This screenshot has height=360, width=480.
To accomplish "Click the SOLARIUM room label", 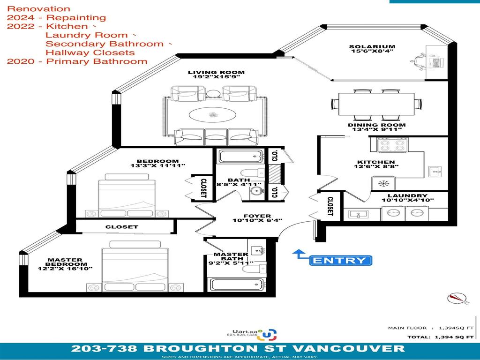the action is (x=372, y=47).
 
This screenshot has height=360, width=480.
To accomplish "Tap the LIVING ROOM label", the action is (x=216, y=73).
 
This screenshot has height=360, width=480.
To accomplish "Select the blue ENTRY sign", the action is (x=340, y=261).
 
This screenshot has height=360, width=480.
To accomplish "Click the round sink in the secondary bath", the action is (x=256, y=192).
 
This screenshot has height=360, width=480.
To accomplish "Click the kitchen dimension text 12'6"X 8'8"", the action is (x=376, y=166).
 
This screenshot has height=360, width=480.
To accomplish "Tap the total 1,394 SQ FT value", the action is (x=454, y=337).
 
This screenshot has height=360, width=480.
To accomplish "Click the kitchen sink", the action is (x=435, y=172).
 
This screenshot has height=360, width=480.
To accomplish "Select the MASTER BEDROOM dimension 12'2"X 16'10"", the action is (x=65, y=269).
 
